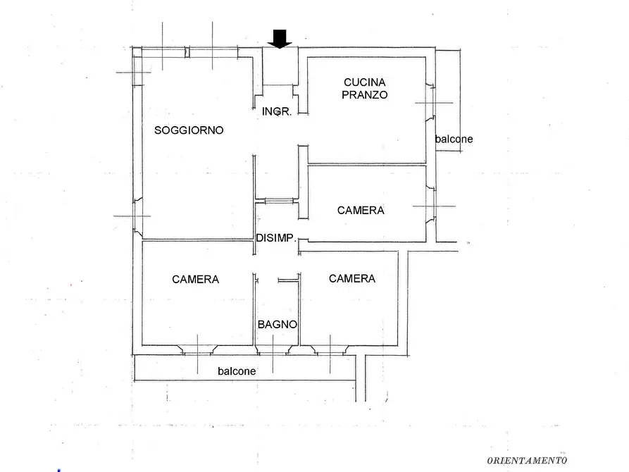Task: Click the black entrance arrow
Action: coord(280,39)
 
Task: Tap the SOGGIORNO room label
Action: coord(189,130)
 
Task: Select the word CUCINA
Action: coord(365,82)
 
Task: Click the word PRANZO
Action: coord(365,94)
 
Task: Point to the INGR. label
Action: coord(277,111)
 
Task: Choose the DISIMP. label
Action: coord(276,238)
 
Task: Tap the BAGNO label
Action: coord(278,324)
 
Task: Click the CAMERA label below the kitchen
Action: coord(361,211)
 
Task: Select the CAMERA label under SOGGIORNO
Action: coord(195,280)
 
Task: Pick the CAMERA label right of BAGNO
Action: coord(352,278)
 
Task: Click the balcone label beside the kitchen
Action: coord(454,139)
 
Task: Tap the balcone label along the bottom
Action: coord(237,371)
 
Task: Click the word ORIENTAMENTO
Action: coord(527,460)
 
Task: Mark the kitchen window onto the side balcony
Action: coord(430,102)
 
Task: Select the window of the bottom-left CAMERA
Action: coord(197,350)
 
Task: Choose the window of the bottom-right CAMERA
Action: coord(330,350)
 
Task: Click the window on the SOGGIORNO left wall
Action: coord(137,216)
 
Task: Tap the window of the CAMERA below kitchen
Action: coord(430,206)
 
